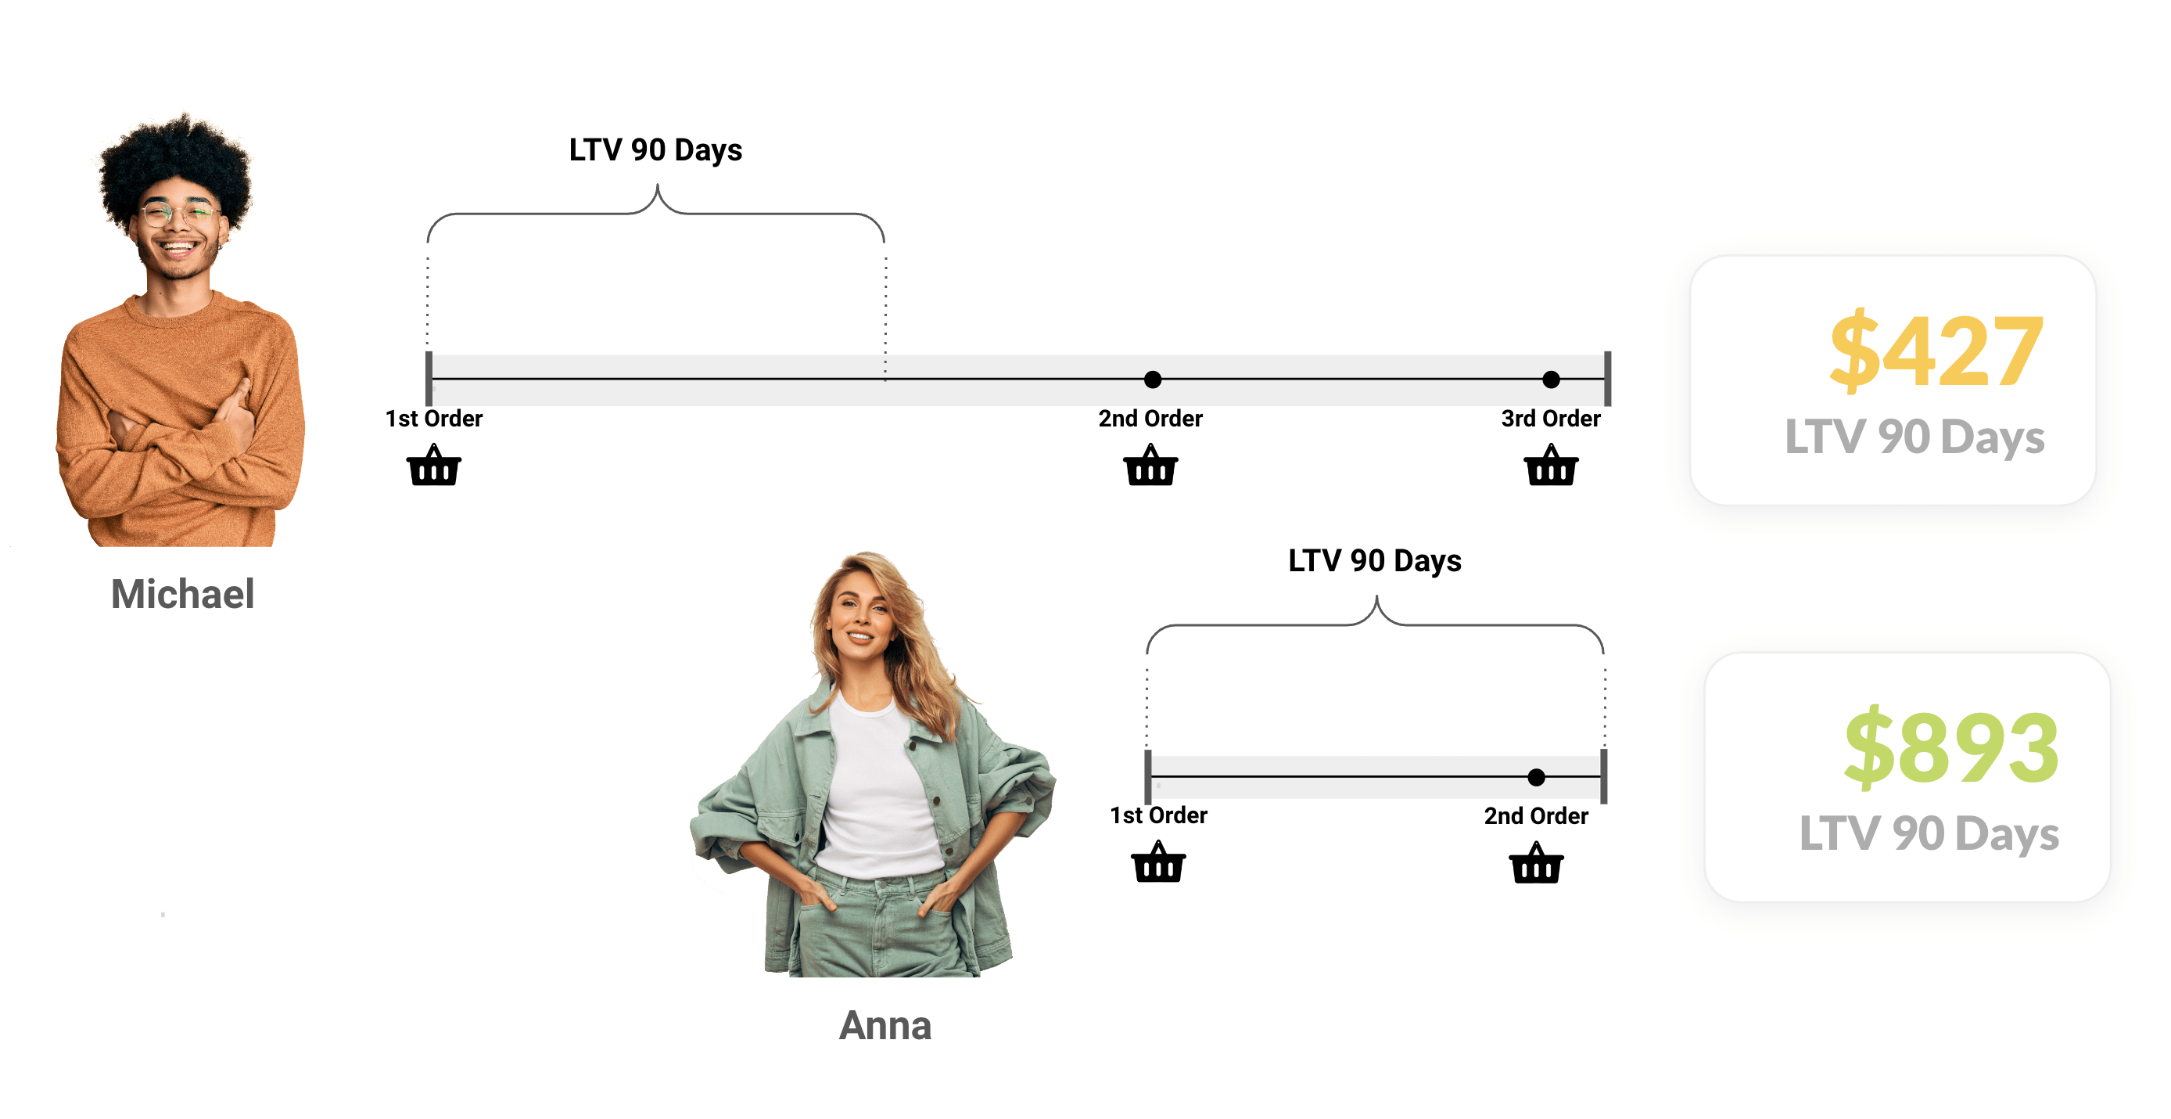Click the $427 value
[x=1935, y=350]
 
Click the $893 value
[x=1950, y=747]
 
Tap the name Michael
[x=182, y=594]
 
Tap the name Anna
[x=885, y=1025]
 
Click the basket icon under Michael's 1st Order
[x=433, y=466]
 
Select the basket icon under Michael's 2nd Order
[x=1150, y=466]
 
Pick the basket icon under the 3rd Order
[x=1551, y=466]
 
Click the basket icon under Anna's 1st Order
[x=1158, y=862]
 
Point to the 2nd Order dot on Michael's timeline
[x=1152, y=380]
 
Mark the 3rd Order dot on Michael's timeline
[x=1551, y=380]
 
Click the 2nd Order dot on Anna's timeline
[x=1537, y=776]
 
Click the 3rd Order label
[x=1550, y=418]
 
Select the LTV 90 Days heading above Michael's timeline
[x=655, y=150]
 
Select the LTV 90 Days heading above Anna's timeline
[x=1375, y=561]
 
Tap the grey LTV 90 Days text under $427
[x=1914, y=437]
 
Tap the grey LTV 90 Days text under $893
[x=1929, y=833]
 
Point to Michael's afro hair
[x=175, y=160]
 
